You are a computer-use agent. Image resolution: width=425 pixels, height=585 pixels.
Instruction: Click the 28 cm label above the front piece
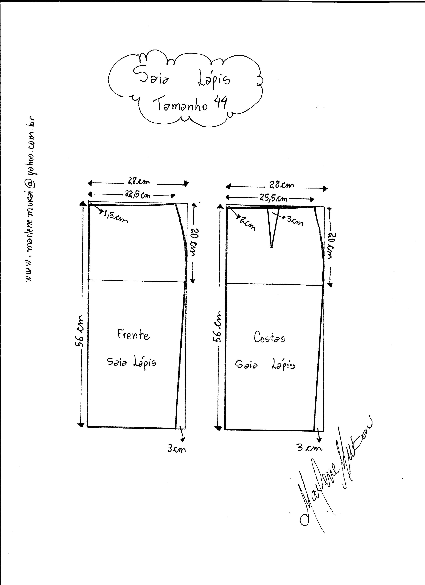139,182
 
